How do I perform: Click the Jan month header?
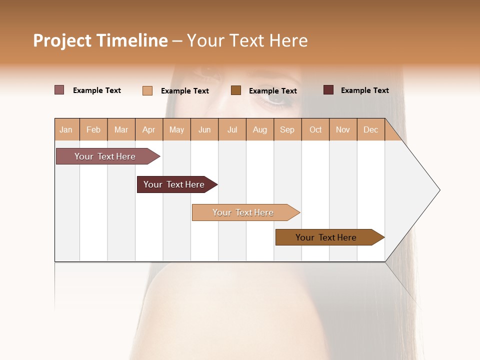(x=66, y=129)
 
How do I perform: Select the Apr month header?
(x=148, y=129)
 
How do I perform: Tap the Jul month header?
(x=232, y=129)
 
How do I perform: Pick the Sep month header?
(x=287, y=129)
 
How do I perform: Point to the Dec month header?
(x=370, y=129)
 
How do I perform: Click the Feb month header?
(x=93, y=129)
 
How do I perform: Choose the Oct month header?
(x=315, y=129)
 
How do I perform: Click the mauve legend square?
(x=59, y=90)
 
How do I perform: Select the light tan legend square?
(x=147, y=90)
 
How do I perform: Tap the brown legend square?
(x=236, y=90)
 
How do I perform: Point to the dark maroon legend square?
(x=328, y=90)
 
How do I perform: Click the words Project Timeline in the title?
(x=100, y=40)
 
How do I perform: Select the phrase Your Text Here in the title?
(x=247, y=40)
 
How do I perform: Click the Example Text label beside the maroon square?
(x=364, y=90)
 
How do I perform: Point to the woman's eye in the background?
(x=275, y=98)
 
